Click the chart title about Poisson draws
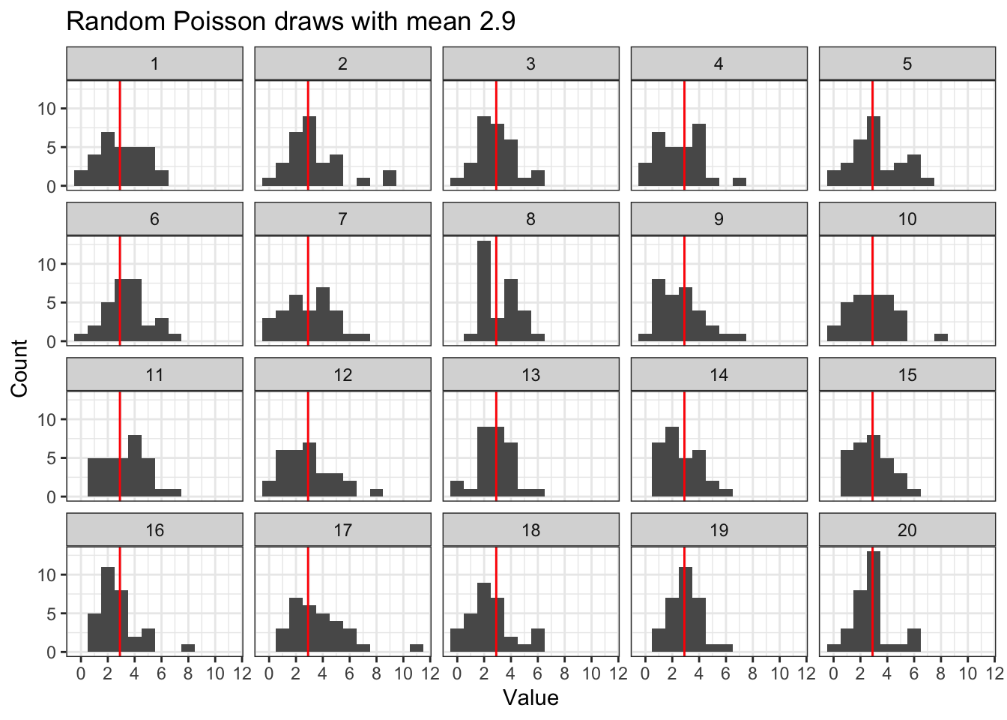click(x=291, y=21)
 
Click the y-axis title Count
click(x=19, y=367)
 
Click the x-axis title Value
click(x=530, y=698)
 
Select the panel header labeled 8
click(x=530, y=219)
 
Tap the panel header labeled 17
click(x=342, y=530)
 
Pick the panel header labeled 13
click(x=530, y=375)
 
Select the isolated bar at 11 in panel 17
click(x=417, y=648)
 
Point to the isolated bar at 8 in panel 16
click(x=188, y=648)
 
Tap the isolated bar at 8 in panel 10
click(x=941, y=337)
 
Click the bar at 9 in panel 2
click(x=390, y=178)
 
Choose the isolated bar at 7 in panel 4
click(x=740, y=181)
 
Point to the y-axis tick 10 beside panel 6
click(x=46, y=264)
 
